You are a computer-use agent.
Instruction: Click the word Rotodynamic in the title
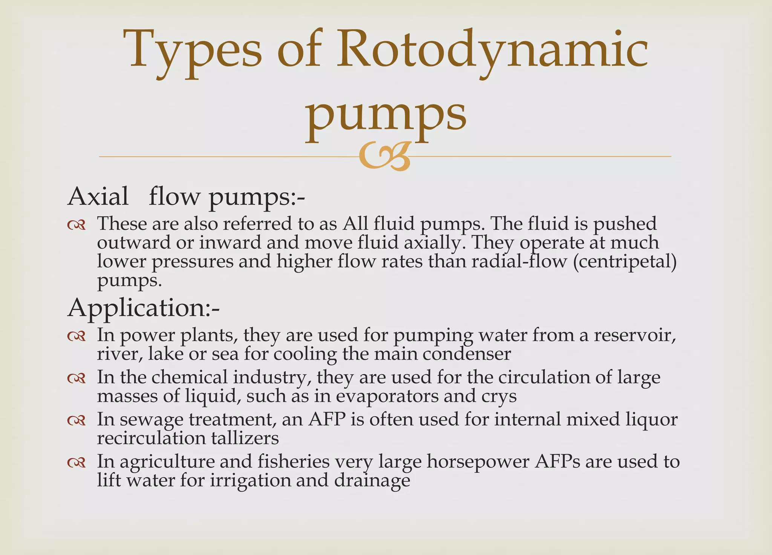tap(492, 51)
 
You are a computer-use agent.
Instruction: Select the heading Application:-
tap(144, 308)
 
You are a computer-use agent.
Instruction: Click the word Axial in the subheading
tap(98, 197)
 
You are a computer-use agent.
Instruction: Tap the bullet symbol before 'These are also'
tap(77, 225)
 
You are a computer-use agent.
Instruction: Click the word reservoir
tap(634, 335)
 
